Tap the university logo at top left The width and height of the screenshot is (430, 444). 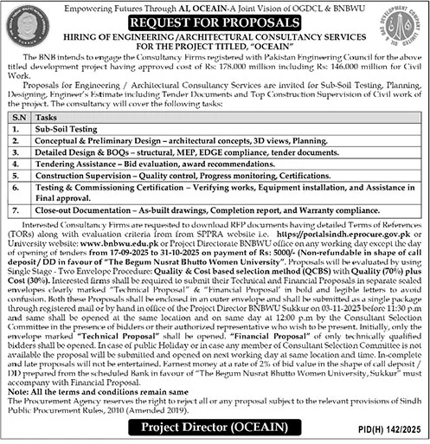tap(26, 31)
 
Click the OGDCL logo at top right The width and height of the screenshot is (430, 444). tap(403, 31)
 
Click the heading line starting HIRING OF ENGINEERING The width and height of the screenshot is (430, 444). tap(215, 37)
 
